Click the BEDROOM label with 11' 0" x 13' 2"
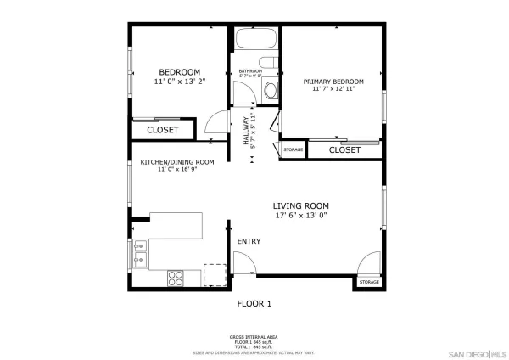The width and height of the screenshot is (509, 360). pos(179,71)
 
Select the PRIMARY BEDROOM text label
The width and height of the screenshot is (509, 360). pos(333,82)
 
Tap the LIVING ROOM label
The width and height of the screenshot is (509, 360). pos(300,205)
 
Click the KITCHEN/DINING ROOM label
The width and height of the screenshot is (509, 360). pos(176,161)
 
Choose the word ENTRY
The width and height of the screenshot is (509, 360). pos(249,241)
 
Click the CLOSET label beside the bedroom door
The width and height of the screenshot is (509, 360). pos(162,130)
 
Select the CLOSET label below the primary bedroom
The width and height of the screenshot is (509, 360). pos(344,150)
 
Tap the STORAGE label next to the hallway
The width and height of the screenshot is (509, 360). pos(293,149)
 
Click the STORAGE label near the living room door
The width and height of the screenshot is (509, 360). pos(369,282)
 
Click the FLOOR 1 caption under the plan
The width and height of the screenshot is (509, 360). pos(254,303)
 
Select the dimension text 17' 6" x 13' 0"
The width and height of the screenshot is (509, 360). pos(300,216)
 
